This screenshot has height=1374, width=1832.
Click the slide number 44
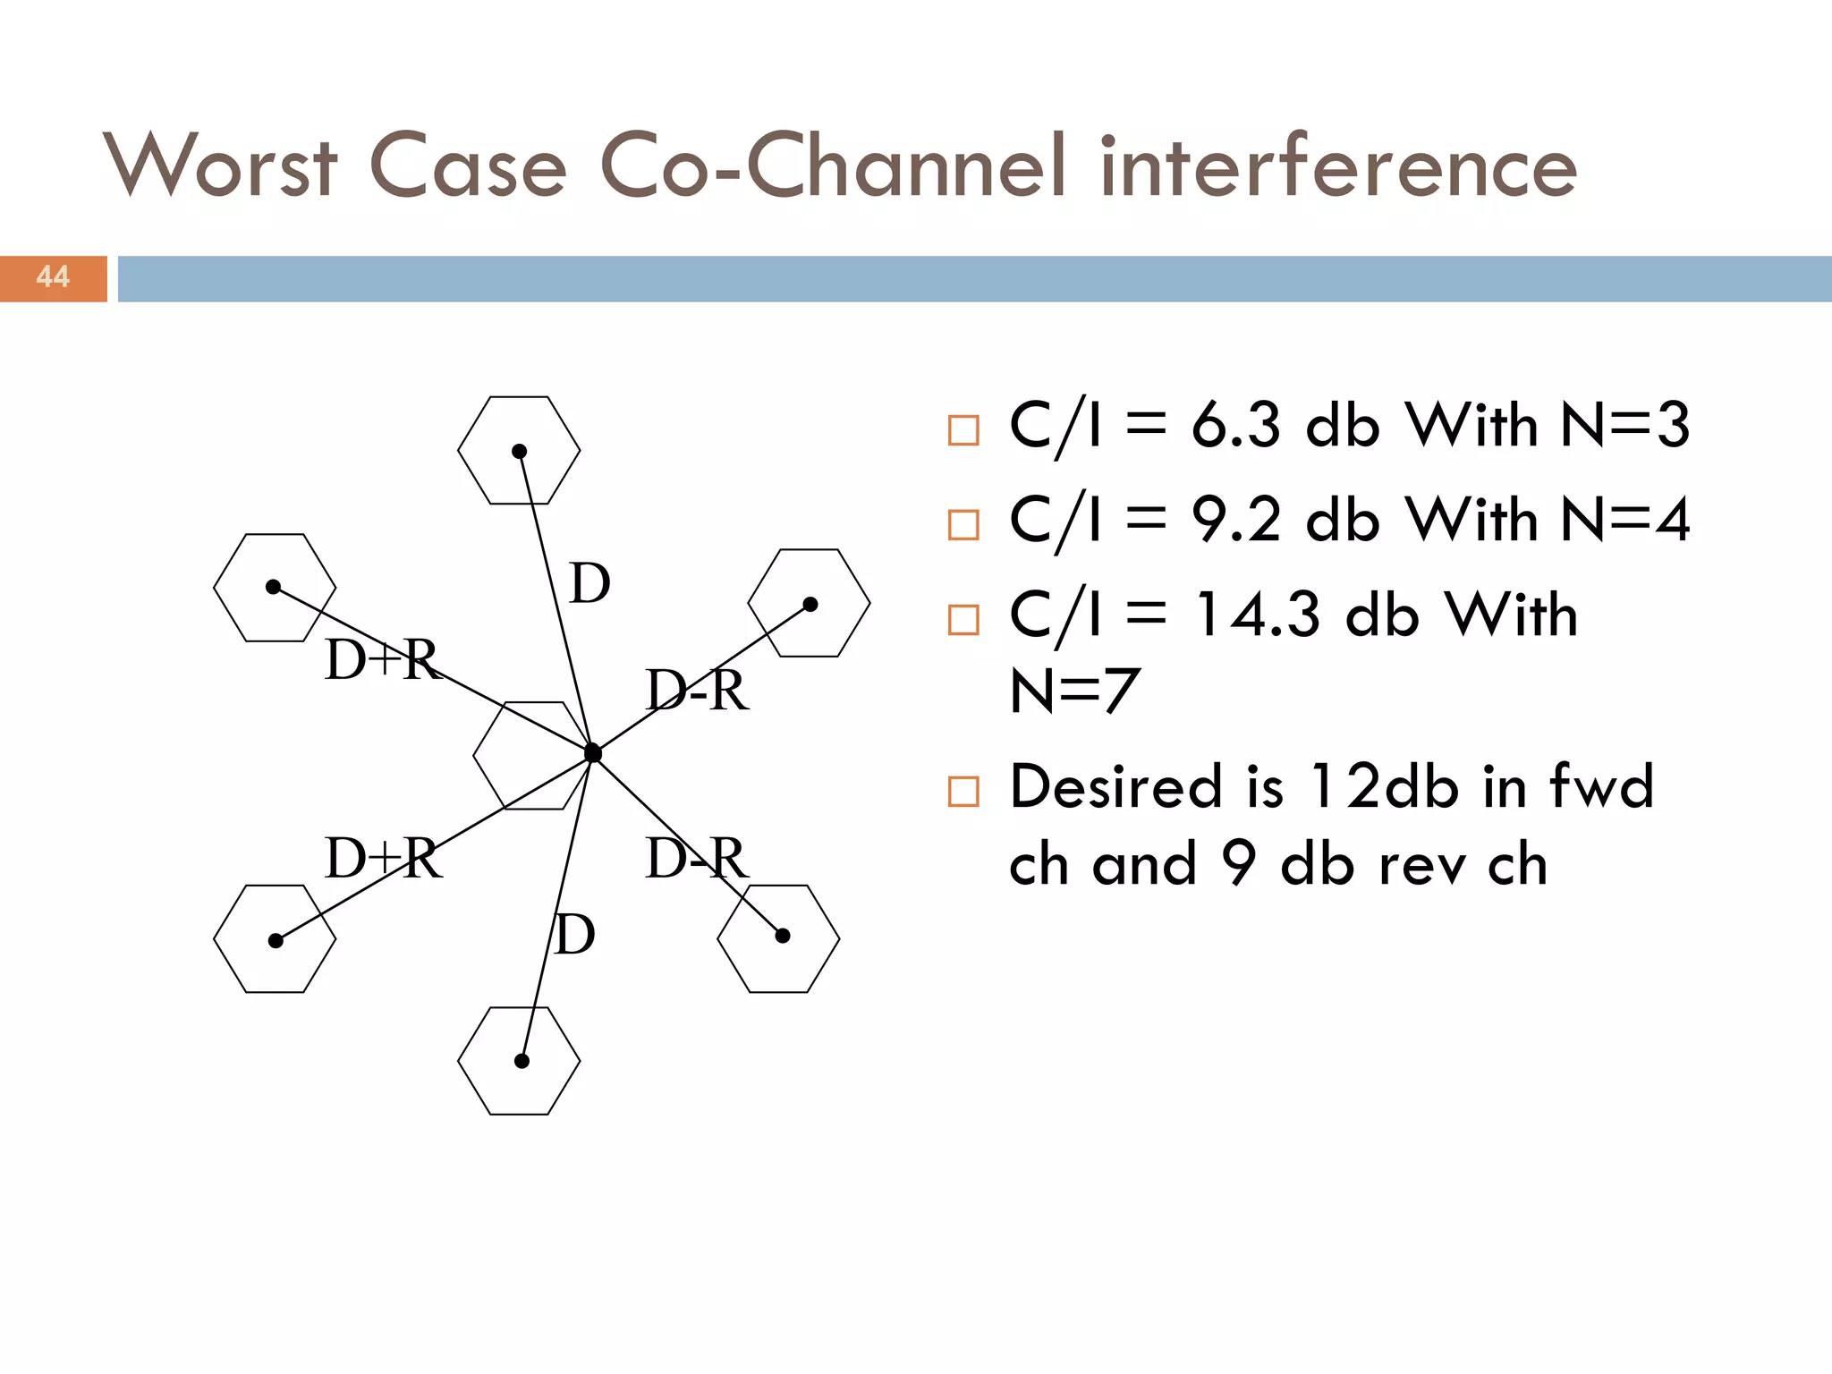(x=53, y=277)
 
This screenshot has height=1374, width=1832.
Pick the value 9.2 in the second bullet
(x=1235, y=520)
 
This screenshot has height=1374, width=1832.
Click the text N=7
(x=1073, y=691)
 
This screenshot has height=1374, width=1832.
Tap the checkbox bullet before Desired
(x=963, y=792)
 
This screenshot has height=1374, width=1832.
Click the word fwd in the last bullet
(x=1601, y=787)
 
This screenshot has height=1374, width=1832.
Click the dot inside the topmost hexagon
(x=519, y=451)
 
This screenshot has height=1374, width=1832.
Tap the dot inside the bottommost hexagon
(x=522, y=1061)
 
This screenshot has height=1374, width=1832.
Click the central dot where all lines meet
(x=592, y=753)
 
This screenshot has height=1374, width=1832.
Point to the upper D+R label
(x=383, y=660)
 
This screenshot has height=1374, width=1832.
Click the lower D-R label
(x=696, y=859)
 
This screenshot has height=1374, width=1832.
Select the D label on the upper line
(x=590, y=584)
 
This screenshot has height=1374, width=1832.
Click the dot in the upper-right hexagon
(x=810, y=605)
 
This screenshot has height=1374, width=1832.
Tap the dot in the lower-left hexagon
(x=276, y=941)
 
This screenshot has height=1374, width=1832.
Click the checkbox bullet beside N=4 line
(x=963, y=525)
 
